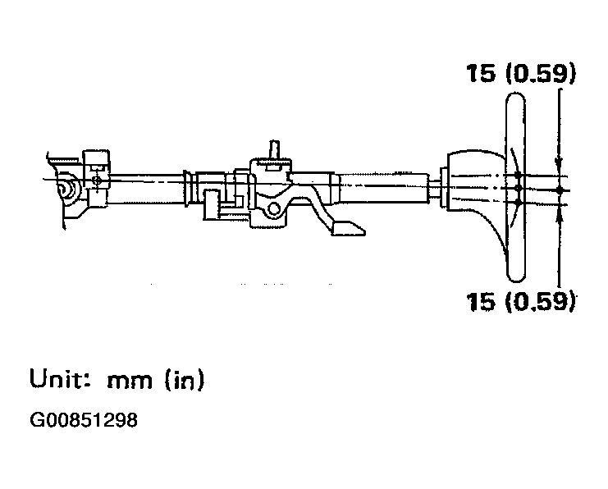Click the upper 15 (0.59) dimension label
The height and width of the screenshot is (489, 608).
coord(521,73)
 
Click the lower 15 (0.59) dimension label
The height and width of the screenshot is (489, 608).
coord(521,300)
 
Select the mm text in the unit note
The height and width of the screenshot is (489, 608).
coord(130,381)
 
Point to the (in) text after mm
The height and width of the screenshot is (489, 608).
coord(184,379)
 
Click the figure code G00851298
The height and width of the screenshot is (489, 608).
coord(84,419)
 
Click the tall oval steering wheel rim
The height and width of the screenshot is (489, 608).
coord(516,187)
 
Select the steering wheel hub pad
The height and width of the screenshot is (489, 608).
coord(475,182)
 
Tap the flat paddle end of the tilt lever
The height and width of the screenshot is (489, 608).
coord(348,228)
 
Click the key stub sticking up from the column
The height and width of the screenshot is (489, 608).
coord(275,149)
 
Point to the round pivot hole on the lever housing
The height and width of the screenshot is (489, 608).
coord(275,209)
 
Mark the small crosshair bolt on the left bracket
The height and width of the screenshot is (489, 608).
coord(97,180)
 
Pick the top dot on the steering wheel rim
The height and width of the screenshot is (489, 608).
coord(517,176)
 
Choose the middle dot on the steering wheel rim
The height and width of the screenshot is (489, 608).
coord(517,189)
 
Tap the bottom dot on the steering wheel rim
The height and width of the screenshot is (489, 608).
coord(517,202)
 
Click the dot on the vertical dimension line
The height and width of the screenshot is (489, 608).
coord(559,190)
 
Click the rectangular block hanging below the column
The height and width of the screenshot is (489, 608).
coord(212,205)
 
